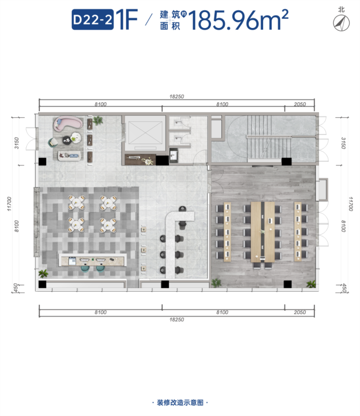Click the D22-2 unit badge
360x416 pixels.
pos(93,20)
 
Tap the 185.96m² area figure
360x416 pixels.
pos(238,20)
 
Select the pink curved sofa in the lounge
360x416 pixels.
pos(68,123)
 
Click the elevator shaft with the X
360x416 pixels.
pos(144,133)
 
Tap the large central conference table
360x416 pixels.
pos(262,232)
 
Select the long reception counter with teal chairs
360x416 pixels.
pos(92,260)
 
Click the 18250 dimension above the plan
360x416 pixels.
pos(176,96)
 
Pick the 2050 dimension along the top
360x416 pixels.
pos(300,104)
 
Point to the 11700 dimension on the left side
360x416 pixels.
pos(9,204)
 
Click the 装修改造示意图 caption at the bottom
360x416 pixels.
pos(180,402)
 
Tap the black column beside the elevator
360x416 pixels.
pos(162,161)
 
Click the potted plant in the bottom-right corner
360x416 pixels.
pos(311,284)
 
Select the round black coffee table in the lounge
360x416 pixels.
pos(67,140)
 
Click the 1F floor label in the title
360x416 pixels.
pos(127,19)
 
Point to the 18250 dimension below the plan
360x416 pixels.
pos(176,320)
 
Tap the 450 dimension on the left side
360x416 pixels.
pos(15,287)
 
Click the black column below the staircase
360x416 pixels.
pos(287,161)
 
